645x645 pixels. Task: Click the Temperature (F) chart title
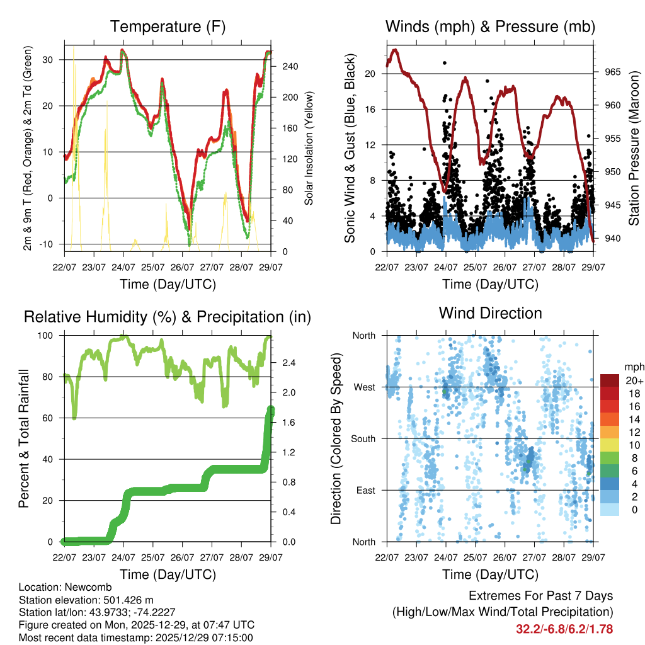(168, 26)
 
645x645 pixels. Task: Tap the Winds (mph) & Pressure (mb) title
(490, 26)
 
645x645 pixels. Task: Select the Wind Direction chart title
(490, 313)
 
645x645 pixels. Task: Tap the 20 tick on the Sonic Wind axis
(370, 74)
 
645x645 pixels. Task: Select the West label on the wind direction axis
(364, 387)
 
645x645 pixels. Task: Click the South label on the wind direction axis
(363, 438)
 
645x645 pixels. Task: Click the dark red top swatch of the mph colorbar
(610, 380)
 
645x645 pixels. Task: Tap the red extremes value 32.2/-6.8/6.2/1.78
(564, 629)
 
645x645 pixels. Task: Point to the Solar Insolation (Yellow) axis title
(309, 147)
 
